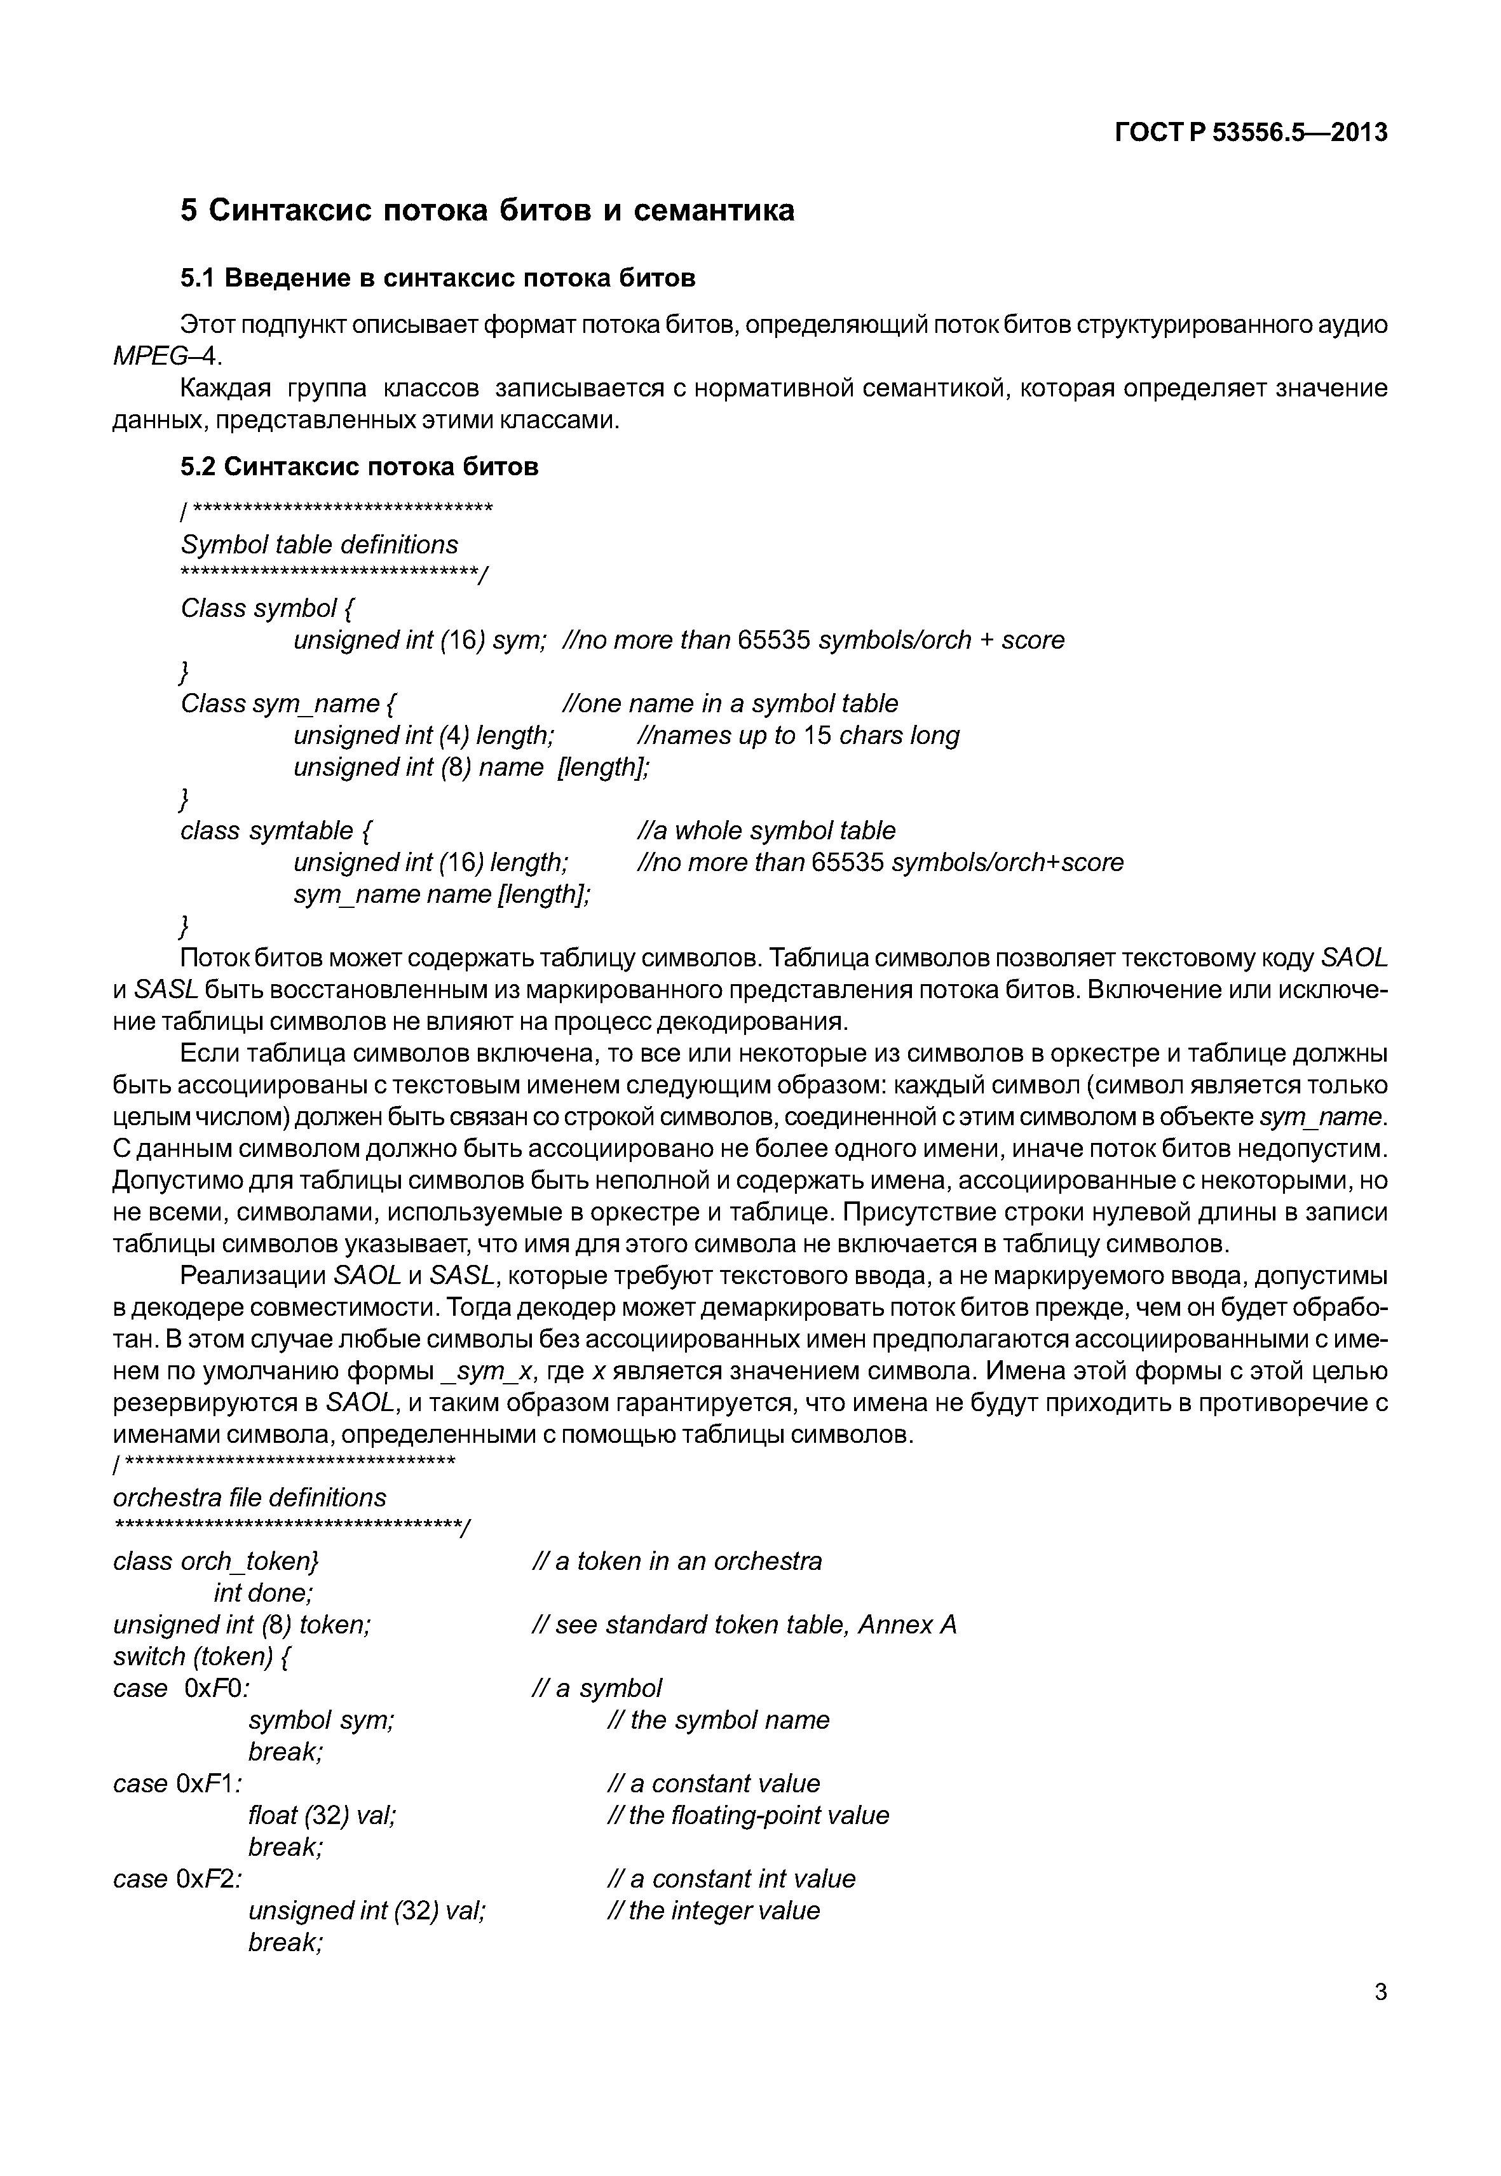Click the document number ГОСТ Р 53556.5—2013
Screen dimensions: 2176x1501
click(x=1250, y=133)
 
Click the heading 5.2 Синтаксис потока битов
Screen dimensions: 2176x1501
click(x=359, y=468)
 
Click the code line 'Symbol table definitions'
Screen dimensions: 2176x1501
click(x=319, y=545)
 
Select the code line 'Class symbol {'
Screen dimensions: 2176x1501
click(x=267, y=609)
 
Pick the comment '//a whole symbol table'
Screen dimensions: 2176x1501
click(x=766, y=830)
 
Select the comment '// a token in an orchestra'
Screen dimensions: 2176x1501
click(x=676, y=1561)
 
